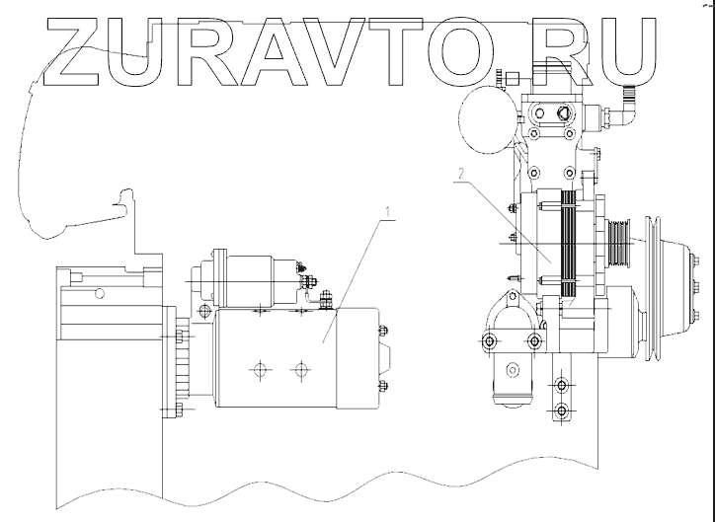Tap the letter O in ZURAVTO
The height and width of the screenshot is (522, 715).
[464, 49]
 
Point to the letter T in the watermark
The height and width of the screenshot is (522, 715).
[395, 49]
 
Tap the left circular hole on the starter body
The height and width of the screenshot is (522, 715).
[259, 372]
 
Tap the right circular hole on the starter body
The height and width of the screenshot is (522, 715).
[299, 372]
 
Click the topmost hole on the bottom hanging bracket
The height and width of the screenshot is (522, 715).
[562, 380]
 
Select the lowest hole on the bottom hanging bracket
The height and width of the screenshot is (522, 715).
[562, 410]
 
